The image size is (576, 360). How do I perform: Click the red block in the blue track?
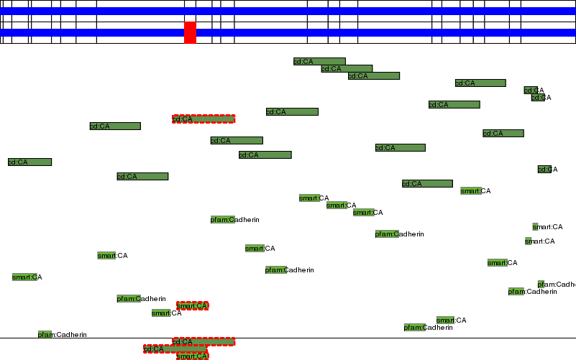coord(190,32)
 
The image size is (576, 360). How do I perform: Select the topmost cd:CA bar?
coord(319,62)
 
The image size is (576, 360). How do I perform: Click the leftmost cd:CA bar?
coord(29,162)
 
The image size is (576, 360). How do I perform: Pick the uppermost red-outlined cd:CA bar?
coord(204,119)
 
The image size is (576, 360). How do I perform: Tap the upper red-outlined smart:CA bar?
coord(193,306)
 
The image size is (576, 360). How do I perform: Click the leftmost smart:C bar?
coord(24,277)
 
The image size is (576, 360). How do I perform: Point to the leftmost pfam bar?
coord(45,335)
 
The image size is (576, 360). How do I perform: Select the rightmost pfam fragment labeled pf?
coord(541,285)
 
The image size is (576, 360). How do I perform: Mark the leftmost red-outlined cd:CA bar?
coord(175,349)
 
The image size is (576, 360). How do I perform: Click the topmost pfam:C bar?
coord(223,220)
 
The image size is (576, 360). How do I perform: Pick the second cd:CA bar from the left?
coord(115,126)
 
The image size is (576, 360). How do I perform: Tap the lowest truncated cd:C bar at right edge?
coord(544,170)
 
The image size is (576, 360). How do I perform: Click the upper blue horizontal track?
coord(288,11)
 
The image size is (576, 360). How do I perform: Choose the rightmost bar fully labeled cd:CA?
coord(503,134)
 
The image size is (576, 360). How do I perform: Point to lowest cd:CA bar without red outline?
coord(427,184)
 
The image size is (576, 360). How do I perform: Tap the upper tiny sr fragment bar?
coord(535,227)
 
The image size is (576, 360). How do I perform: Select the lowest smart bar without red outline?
coord(445,320)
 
